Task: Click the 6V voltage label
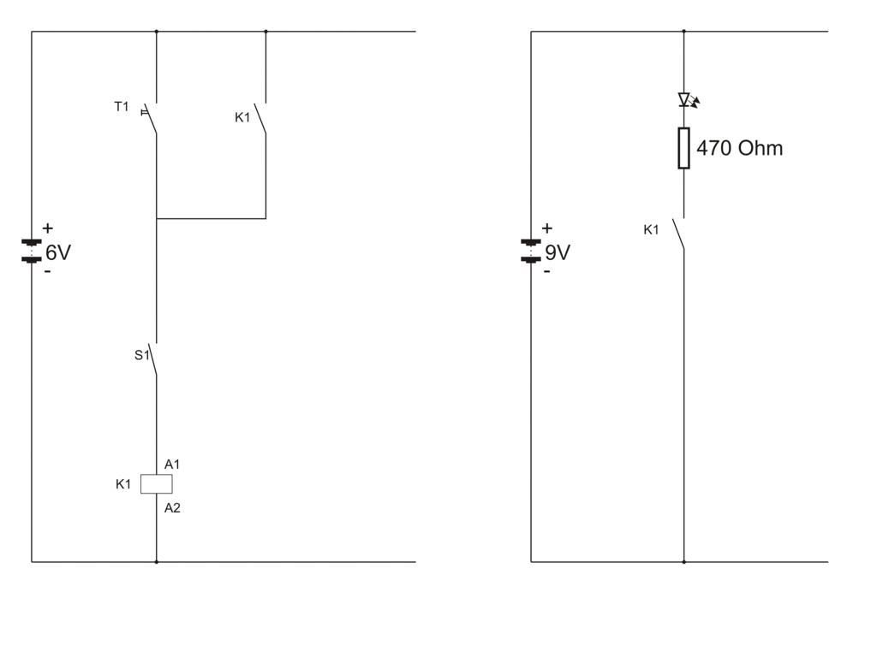[x=58, y=252]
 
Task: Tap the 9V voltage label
[x=558, y=252]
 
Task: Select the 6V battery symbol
[x=32, y=251]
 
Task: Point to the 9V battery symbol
[x=531, y=251]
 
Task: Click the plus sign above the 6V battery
[x=47, y=228]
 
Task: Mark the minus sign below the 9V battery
[x=546, y=272]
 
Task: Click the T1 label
[x=122, y=107]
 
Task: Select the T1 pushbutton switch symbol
[x=151, y=118]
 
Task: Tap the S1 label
[x=141, y=355]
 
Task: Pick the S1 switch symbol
[x=154, y=360]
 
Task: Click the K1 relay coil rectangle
[x=156, y=484]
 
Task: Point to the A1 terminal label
[x=172, y=465]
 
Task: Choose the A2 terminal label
[x=172, y=508]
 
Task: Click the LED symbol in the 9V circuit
[x=685, y=100]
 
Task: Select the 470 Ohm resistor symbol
[x=683, y=148]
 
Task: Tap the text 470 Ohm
[x=739, y=148]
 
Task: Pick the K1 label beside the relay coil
[x=123, y=484]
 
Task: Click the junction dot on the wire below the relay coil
[x=156, y=562]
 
